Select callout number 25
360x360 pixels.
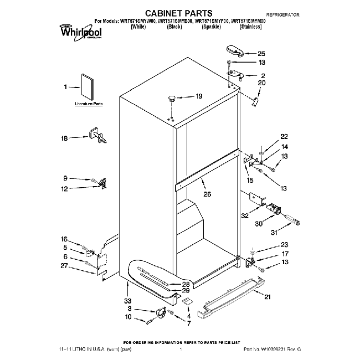tap(261, 54)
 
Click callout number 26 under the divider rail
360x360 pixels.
tap(208, 194)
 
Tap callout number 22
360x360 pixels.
tap(284, 136)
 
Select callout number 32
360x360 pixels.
tap(245, 215)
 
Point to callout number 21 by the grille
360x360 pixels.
tap(268, 297)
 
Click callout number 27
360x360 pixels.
tap(64, 266)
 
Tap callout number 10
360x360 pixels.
tap(128, 317)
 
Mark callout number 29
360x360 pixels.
tap(186, 290)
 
